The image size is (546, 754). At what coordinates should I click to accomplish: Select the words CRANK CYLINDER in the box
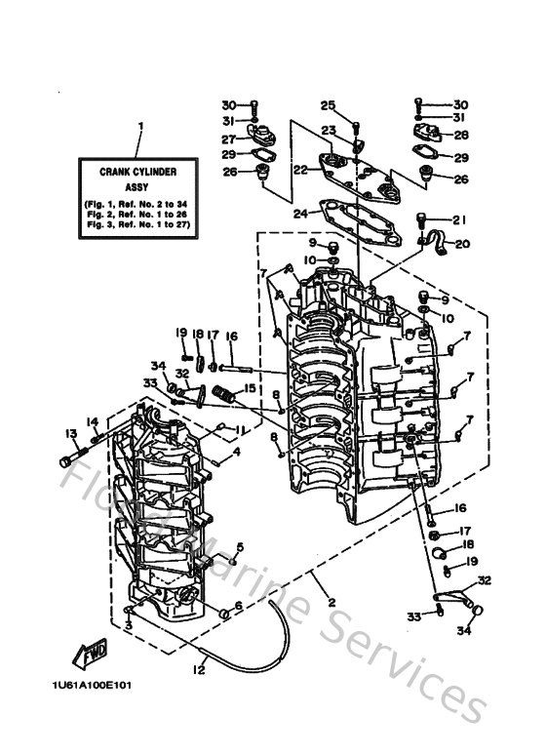pos(137,171)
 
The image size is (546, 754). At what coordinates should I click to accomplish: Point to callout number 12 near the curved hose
pos(200,668)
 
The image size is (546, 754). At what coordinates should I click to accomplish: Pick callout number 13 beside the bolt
pos(70,433)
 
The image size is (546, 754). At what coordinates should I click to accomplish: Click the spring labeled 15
pos(226,395)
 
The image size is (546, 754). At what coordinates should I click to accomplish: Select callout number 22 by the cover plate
pos(300,170)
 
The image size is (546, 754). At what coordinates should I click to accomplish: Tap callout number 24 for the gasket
pos(300,211)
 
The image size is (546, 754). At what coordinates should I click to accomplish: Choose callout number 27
pos(229,139)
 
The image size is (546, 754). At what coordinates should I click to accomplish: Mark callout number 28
pos(460,136)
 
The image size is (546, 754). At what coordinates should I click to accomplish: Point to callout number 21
pos(460,219)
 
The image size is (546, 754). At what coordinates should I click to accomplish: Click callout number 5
pos(238,545)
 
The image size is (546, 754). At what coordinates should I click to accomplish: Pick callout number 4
pos(236,452)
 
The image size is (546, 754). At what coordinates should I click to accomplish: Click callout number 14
pos(93,421)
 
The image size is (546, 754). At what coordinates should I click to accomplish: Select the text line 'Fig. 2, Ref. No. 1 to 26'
pos(137,213)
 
